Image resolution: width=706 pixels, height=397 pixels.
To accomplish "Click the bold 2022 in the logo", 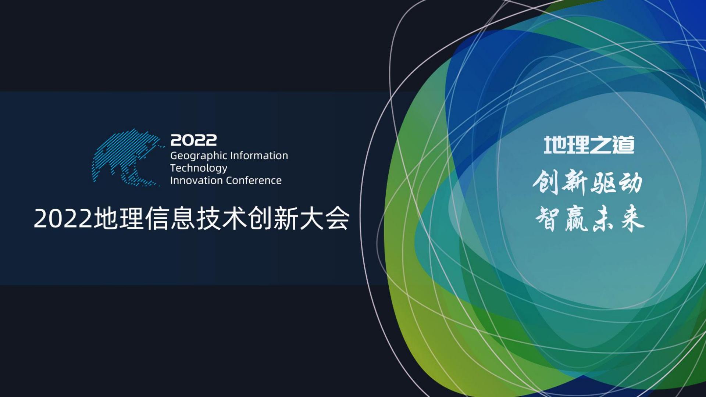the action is pos(193,140).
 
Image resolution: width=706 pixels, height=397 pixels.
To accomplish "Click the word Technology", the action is pos(199,168).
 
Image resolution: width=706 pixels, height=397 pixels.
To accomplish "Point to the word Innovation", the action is pos(196,180).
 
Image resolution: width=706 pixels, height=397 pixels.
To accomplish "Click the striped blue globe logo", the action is pos(127,157).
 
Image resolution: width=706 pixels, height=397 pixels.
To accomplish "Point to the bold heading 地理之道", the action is pos(589,145).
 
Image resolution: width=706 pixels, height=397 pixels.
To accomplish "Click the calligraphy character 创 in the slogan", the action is pos(546,182).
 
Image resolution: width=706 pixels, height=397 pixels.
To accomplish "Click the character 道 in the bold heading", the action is pos(623,145).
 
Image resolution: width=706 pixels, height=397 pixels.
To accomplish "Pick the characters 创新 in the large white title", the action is pos(273,219).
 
